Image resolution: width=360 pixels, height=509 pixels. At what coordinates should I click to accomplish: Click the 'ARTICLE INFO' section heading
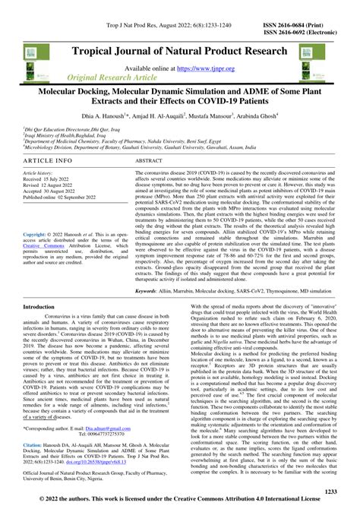click(x=48, y=163)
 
